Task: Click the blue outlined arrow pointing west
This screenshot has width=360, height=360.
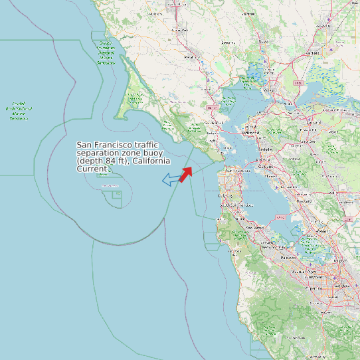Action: (171, 179)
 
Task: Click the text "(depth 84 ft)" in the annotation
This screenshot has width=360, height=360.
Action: (100, 161)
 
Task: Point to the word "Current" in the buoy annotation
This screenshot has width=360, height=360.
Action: (92, 169)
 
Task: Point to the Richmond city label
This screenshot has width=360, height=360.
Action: (251, 133)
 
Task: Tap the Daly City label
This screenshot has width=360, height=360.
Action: (226, 196)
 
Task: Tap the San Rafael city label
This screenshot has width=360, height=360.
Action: (214, 124)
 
